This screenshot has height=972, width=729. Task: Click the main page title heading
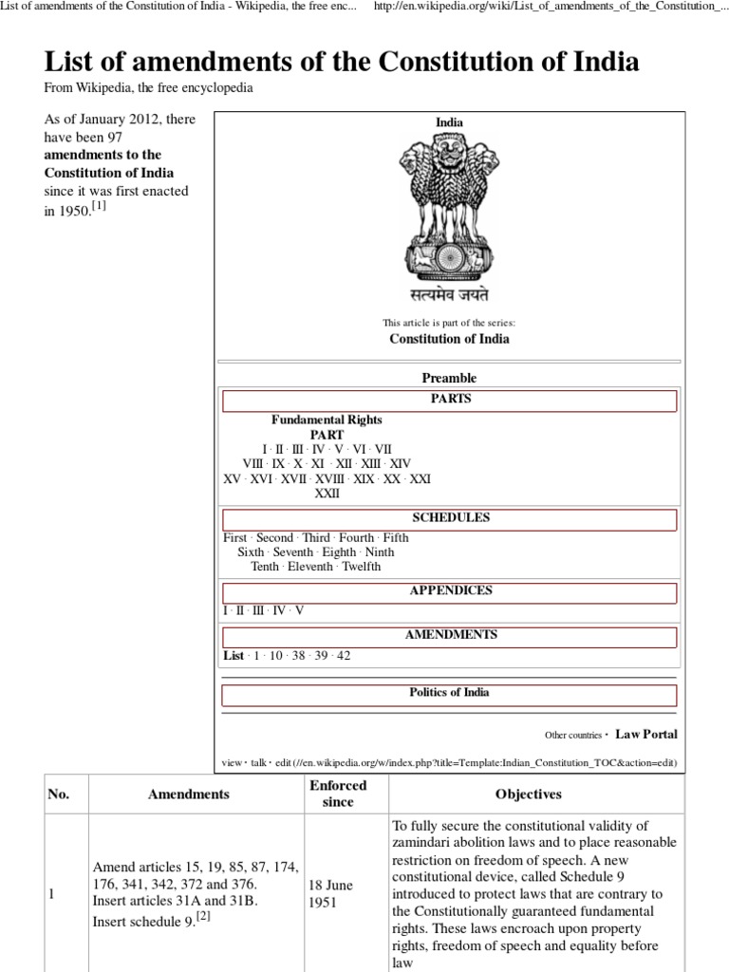pos(342,63)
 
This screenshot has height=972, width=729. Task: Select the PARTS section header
pos(450,400)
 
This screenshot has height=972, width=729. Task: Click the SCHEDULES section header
pos(450,518)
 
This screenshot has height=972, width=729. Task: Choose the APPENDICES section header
pos(450,591)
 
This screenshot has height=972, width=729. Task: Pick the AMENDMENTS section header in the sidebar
pos(450,635)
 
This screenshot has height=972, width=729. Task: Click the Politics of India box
pos(450,693)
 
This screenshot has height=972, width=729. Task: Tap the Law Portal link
pos(646,734)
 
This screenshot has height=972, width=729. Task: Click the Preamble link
pos(449,378)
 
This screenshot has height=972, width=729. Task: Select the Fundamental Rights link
pos(327,420)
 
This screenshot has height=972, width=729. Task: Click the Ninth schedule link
pos(380,551)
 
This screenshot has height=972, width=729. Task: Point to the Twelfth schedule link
pos(361,567)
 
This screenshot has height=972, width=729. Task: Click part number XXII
pos(327,494)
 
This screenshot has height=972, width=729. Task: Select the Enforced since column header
pos(338,794)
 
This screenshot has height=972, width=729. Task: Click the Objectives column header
pos(528,794)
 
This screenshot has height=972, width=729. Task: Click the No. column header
pos(59,794)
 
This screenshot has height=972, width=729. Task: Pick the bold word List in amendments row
pos(233,655)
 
